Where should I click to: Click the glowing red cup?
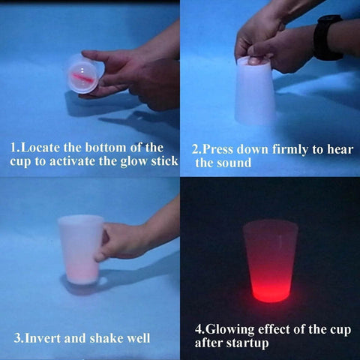coord(270,259)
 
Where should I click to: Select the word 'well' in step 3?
coord(140,337)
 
